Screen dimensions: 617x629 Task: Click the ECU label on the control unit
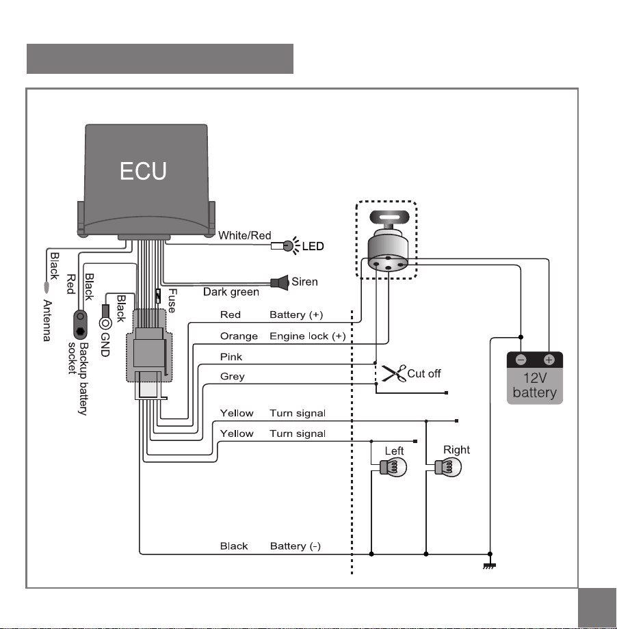(143, 171)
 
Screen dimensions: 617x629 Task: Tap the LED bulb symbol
(288, 245)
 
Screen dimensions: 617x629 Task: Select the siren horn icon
(280, 282)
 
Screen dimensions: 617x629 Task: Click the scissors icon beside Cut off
(394, 373)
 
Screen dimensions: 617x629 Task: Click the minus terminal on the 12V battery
(521, 360)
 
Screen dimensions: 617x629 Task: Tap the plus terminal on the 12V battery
(549, 360)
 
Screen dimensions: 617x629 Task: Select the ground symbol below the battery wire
(489, 565)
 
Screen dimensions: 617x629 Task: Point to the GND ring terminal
(105, 323)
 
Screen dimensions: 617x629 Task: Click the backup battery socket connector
(80, 325)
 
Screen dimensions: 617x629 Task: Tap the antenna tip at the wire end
(46, 287)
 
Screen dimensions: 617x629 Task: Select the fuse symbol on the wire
(158, 296)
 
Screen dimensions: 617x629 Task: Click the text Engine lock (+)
(308, 336)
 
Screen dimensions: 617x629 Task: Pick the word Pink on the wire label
(231, 357)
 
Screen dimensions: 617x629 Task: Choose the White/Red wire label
(244, 235)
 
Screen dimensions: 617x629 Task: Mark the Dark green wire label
(231, 292)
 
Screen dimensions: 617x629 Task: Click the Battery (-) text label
(296, 546)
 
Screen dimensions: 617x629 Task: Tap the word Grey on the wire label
(233, 377)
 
